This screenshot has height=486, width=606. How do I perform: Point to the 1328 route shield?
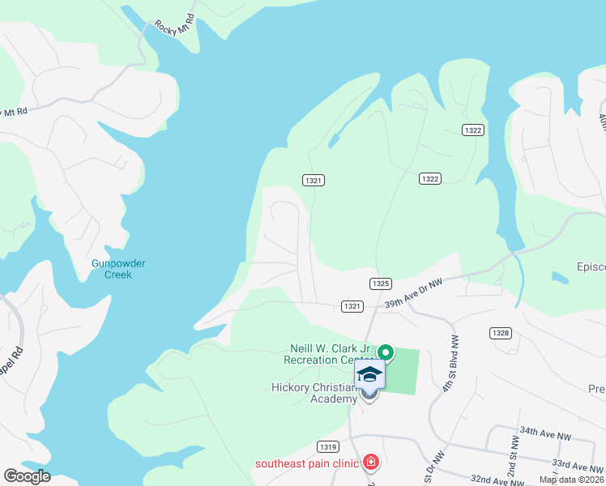(x=500, y=333)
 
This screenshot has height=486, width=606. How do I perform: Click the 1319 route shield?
(x=328, y=446)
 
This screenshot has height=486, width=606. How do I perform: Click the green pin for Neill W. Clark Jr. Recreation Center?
(x=386, y=352)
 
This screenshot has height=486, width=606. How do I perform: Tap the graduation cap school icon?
(x=369, y=374)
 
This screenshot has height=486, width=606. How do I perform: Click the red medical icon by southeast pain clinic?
(x=371, y=463)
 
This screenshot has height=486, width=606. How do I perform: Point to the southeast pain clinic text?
(x=307, y=464)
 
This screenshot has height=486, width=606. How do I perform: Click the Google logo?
(x=27, y=476)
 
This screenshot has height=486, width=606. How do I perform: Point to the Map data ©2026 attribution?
(x=571, y=480)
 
